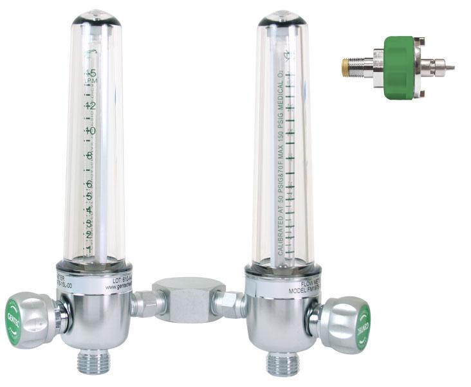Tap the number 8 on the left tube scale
91,156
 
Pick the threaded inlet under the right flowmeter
283,363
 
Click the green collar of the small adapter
399,67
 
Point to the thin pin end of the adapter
449,67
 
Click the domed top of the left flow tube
96,17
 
